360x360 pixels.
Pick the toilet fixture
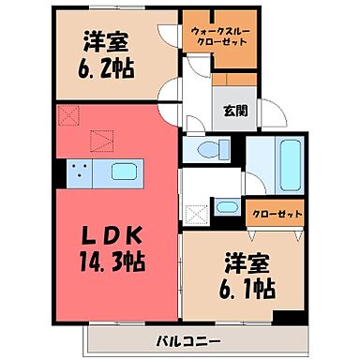[210, 148]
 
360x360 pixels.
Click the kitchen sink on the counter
[124, 172]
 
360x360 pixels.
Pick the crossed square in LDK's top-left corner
[67, 116]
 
